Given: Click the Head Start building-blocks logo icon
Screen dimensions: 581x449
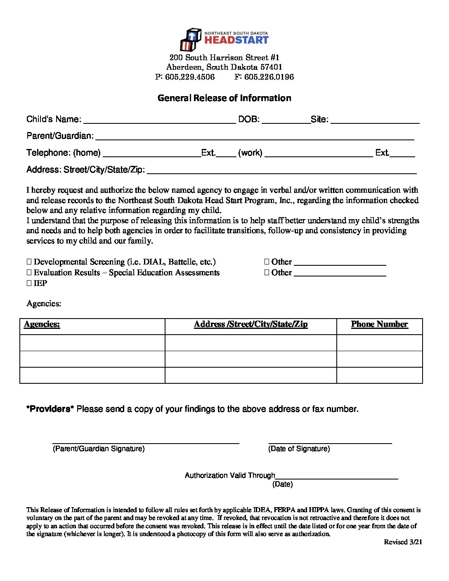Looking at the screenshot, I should [190, 39].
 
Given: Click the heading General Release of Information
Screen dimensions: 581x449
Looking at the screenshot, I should [224, 98].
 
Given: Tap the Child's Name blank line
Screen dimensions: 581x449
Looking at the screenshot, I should [159, 121].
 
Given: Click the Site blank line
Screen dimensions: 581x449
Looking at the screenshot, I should [375, 121].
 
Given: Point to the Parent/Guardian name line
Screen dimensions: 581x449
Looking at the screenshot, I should [255, 137].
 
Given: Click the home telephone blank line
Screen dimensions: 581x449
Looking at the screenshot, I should [152, 154].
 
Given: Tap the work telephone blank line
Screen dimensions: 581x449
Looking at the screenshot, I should [319, 154].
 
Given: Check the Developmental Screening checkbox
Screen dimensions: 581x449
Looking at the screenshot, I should [29, 262].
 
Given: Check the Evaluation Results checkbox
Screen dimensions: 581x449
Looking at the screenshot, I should [29, 272].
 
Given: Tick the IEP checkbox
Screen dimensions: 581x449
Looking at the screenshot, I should [29, 283].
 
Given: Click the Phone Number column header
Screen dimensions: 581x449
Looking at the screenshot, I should [379, 324].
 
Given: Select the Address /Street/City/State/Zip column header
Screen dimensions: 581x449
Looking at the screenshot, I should [250, 324].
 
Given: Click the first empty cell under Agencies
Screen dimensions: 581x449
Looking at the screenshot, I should [92, 343].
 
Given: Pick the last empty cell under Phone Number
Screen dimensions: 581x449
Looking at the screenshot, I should [379, 375].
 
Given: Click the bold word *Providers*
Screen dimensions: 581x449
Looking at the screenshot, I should [50, 409].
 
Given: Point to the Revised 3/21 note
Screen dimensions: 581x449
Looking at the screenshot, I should [403, 542].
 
